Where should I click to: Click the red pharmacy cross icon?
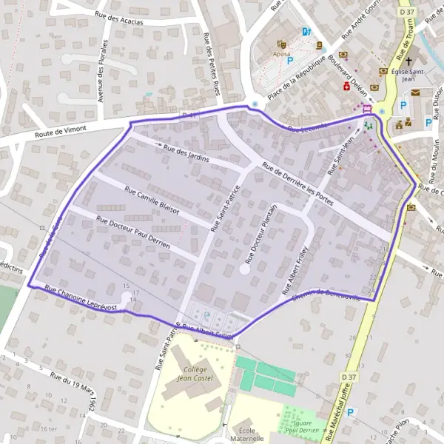click(x=346, y=86)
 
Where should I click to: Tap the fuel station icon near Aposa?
click(x=306, y=31)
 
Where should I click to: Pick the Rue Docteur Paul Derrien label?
click(x=133, y=232)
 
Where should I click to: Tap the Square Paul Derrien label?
click(x=301, y=425)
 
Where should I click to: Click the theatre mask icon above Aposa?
click(x=281, y=44)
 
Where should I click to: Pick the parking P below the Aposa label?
click(x=290, y=63)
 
